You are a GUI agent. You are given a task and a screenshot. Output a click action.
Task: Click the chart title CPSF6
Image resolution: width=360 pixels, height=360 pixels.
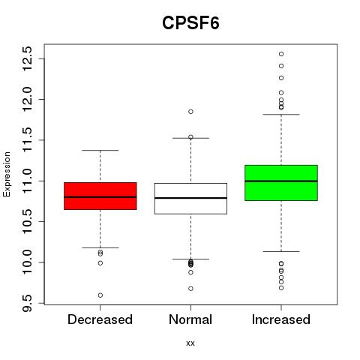pos(190,22)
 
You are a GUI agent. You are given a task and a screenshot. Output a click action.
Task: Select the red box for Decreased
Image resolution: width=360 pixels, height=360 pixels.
pos(100,196)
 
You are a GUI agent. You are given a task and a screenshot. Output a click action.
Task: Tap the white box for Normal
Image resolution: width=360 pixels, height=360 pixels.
pos(190,199)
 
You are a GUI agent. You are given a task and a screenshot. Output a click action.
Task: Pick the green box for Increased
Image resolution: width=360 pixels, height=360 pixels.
pos(281,183)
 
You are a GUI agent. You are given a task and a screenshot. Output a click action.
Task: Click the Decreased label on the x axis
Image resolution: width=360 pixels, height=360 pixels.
pos(100,319)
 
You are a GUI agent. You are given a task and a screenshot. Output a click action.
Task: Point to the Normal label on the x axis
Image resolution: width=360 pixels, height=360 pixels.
pos(190,319)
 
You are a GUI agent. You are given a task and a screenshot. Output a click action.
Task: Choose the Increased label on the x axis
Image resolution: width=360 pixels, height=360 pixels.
pos(281,319)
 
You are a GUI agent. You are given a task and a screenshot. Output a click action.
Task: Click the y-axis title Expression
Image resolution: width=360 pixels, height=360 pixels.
pos(7,174)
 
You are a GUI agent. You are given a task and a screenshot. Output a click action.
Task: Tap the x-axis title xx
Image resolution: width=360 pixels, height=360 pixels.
pos(190,343)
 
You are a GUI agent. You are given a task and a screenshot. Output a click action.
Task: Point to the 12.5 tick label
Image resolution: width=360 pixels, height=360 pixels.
pos(27,58)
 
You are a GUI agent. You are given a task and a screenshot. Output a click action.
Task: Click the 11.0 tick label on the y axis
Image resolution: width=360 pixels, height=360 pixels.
pos(27,181)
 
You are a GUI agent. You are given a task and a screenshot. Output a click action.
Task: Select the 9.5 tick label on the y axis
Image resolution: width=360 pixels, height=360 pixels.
pos(27,303)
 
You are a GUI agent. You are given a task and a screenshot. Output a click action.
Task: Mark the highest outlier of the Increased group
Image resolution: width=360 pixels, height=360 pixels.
pos(281,54)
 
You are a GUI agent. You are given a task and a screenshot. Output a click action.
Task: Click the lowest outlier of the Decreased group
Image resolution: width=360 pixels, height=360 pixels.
pos(100,295)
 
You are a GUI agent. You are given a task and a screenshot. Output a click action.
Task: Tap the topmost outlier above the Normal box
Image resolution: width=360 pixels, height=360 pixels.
pos(190,112)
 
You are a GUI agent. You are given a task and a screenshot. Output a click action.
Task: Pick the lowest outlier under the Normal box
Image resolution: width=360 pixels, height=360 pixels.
pos(190,289)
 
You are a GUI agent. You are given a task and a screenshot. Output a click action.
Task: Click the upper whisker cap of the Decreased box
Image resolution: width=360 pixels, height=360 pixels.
pos(100,151)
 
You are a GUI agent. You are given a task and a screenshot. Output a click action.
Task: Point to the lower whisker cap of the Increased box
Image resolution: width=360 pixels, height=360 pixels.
pos(281,251)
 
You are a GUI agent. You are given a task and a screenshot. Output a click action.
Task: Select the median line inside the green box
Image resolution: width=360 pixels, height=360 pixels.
pos(281,181)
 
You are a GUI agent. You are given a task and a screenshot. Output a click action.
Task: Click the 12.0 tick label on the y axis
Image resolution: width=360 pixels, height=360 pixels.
pos(27,100)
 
